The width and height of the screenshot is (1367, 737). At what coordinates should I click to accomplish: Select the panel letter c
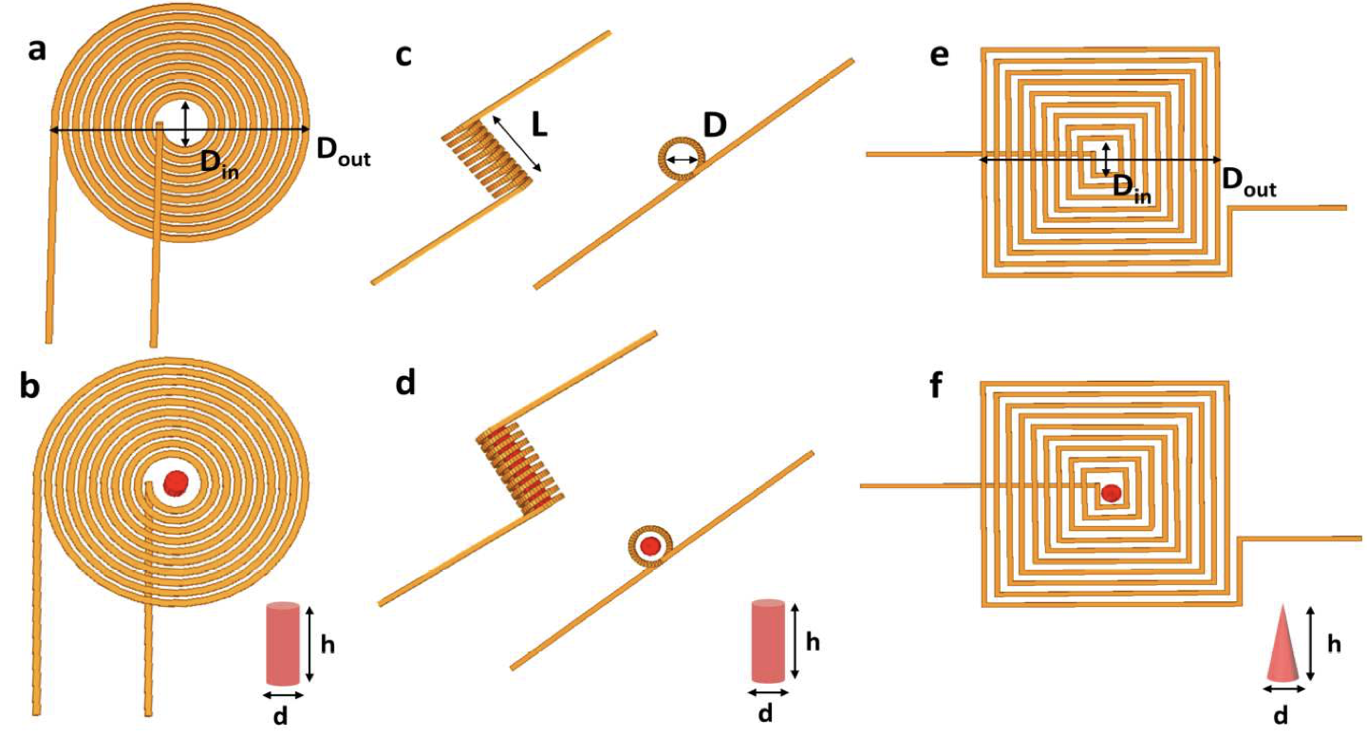403,55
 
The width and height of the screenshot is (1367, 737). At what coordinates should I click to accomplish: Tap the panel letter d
404,387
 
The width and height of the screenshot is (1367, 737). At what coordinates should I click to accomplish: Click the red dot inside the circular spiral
175,482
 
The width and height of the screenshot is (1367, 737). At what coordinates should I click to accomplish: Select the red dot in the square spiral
1111,493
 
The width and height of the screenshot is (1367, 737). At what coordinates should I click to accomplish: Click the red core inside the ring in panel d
650,546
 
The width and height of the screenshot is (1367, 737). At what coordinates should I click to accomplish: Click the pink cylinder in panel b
282,643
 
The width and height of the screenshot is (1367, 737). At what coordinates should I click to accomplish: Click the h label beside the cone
1334,645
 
